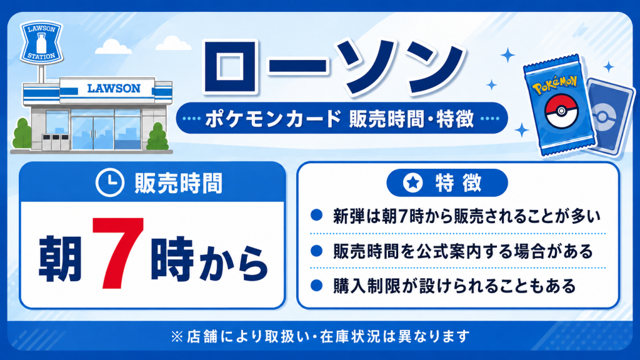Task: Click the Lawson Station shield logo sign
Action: [41, 42]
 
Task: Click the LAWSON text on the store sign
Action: [114, 89]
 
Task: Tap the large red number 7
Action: [118, 252]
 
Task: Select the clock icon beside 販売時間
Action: [109, 182]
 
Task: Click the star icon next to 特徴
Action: [412, 182]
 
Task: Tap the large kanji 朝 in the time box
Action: [60, 259]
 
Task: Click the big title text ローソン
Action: [333, 67]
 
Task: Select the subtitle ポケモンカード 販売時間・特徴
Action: [339, 119]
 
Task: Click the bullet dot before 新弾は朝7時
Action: [316, 215]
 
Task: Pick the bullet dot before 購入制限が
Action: [316, 285]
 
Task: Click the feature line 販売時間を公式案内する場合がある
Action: [463, 251]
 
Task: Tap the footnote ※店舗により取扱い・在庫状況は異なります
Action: [321, 336]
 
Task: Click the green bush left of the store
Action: [22, 134]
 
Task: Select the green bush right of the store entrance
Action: [157, 137]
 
